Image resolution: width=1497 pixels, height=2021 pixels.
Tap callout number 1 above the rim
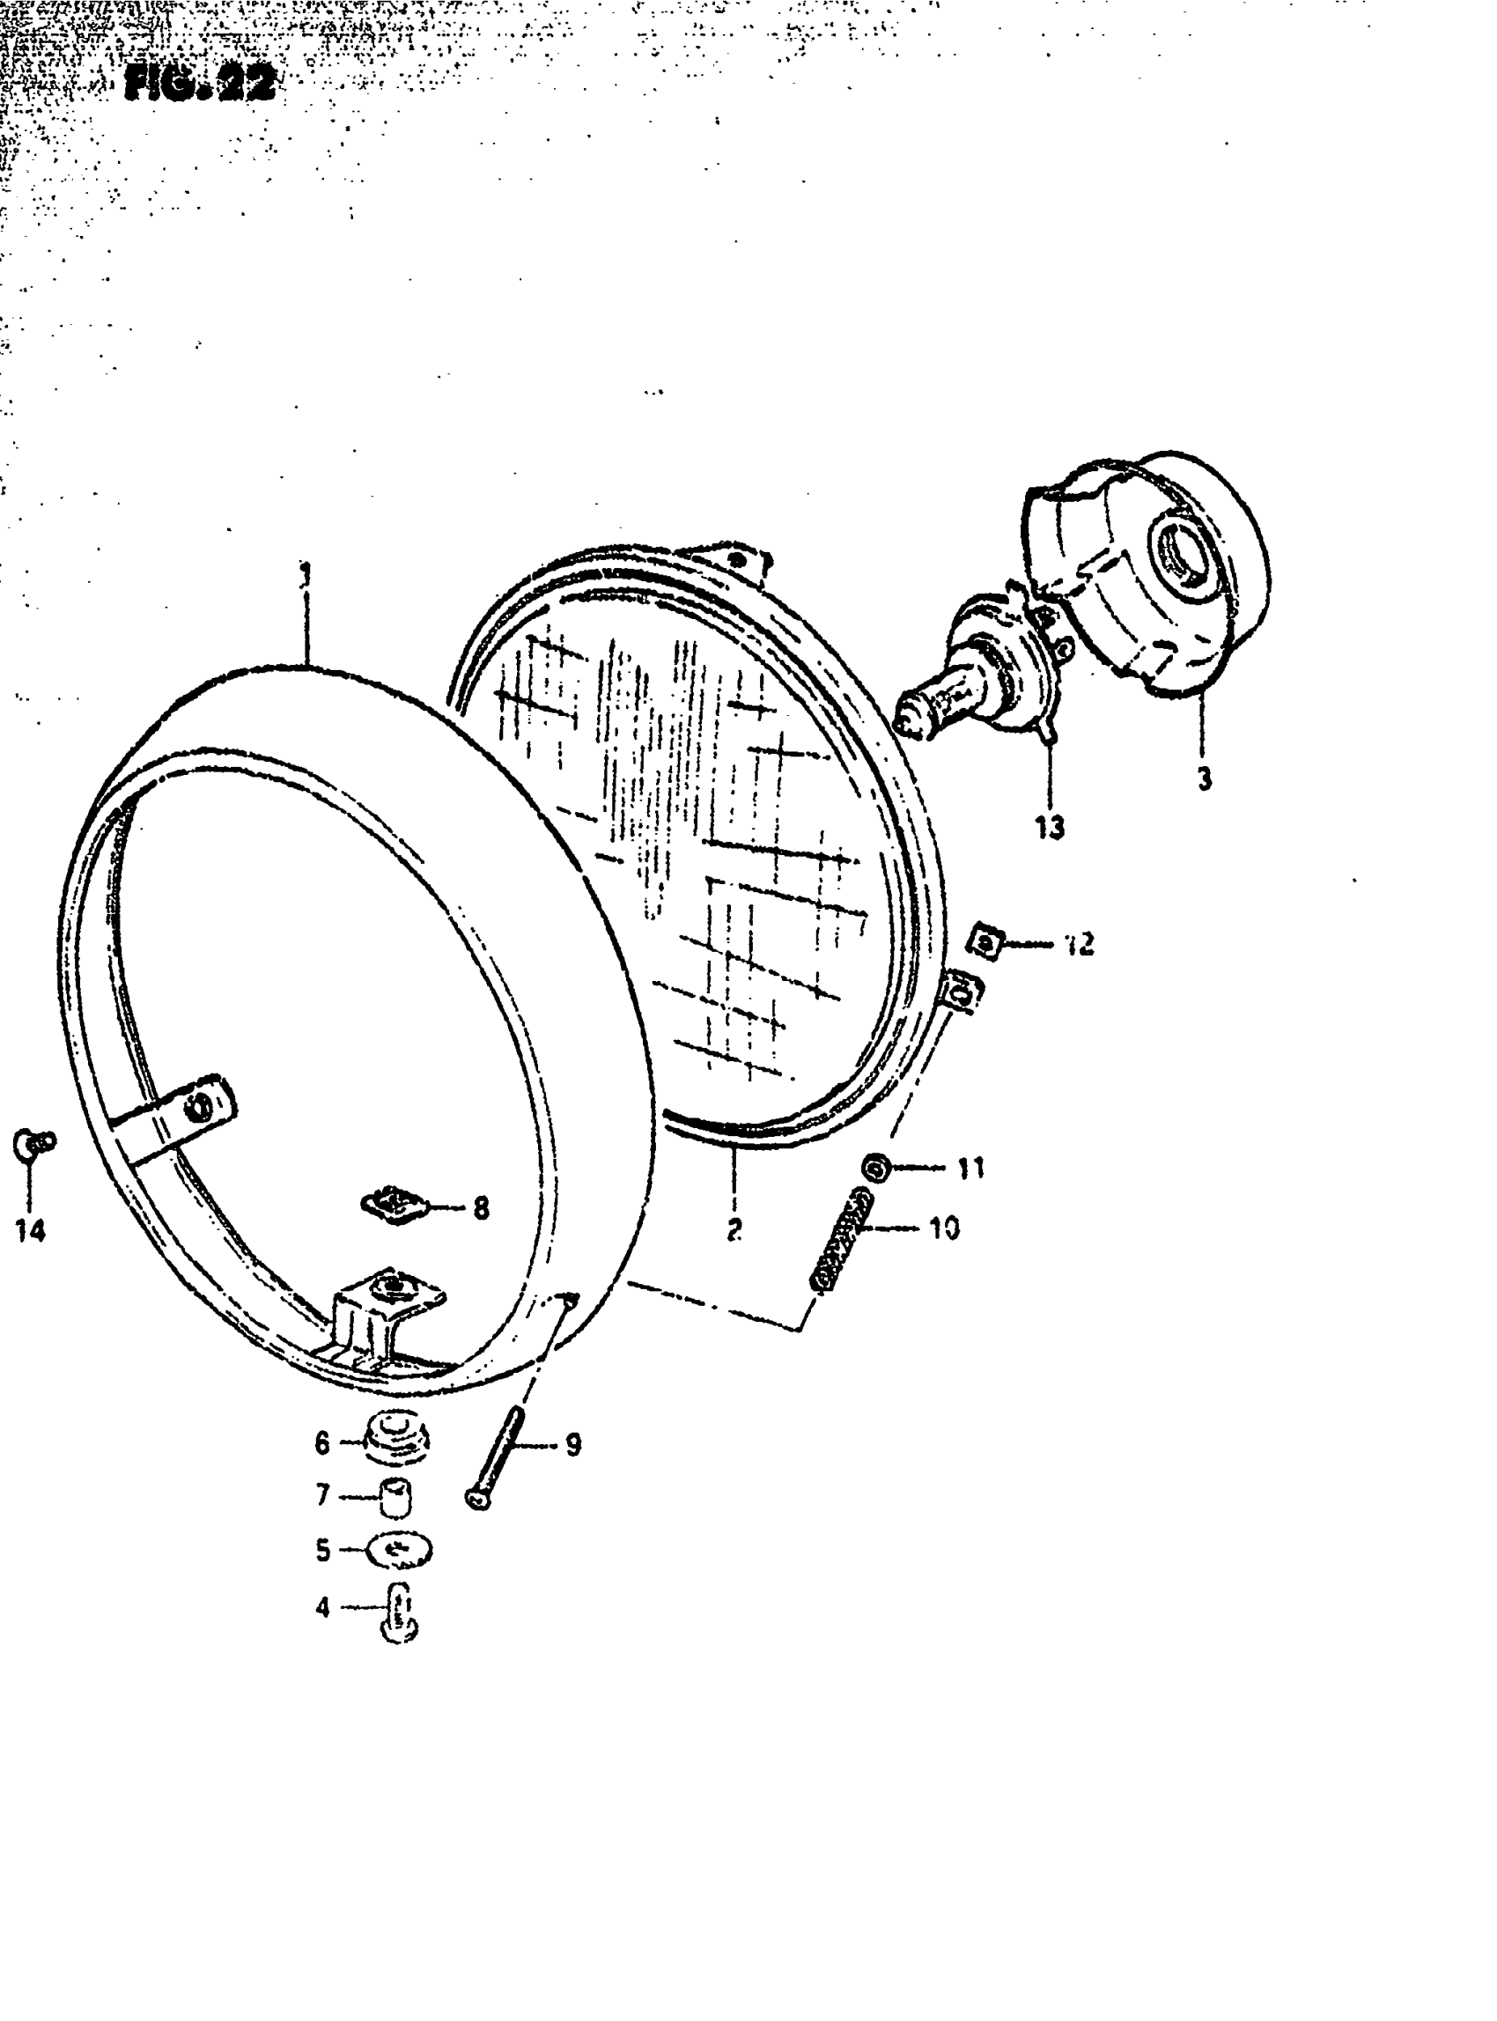pyautogui.click(x=306, y=574)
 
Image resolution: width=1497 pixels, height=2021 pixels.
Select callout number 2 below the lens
pyautogui.click(x=734, y=1229)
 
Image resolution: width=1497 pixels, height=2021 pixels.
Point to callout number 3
pyautogui.click(x=1205, y=778)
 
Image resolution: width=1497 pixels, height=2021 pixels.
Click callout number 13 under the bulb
pyautogui.click(x=1050, y=827)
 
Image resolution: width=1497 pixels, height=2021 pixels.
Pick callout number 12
pyautogui.click(x=1080, y=944)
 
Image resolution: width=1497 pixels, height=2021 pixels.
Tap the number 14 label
pyautogui.click(x=30, y=1230)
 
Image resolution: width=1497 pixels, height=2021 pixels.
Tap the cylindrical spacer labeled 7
pyautogui.click(x=395, y=1495)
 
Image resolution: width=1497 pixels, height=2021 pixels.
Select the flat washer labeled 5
pyautogui.click(x=399, y=1551)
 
